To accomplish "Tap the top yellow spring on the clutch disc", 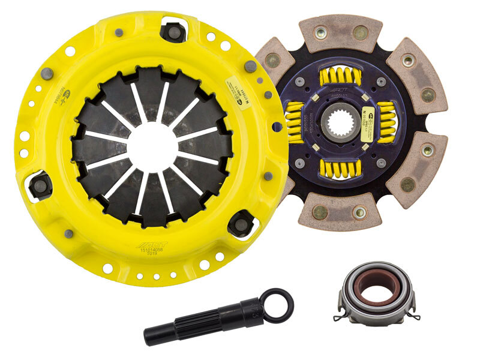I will click(x=340, y=76).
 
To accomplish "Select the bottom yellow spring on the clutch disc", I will click(x=340, y=167).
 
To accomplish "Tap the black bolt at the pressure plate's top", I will click(x=173, y=31).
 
